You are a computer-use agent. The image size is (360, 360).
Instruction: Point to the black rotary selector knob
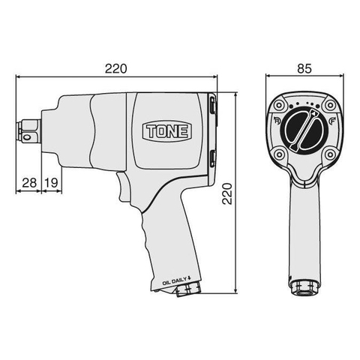tap(302, 128)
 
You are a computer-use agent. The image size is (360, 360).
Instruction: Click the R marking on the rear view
tap(277, 121)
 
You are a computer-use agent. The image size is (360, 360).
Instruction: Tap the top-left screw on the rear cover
tap(280, 105)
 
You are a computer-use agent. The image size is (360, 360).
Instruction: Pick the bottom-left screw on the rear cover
tap(278, 154)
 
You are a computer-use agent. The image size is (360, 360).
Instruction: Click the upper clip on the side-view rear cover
tap(213, 106)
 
